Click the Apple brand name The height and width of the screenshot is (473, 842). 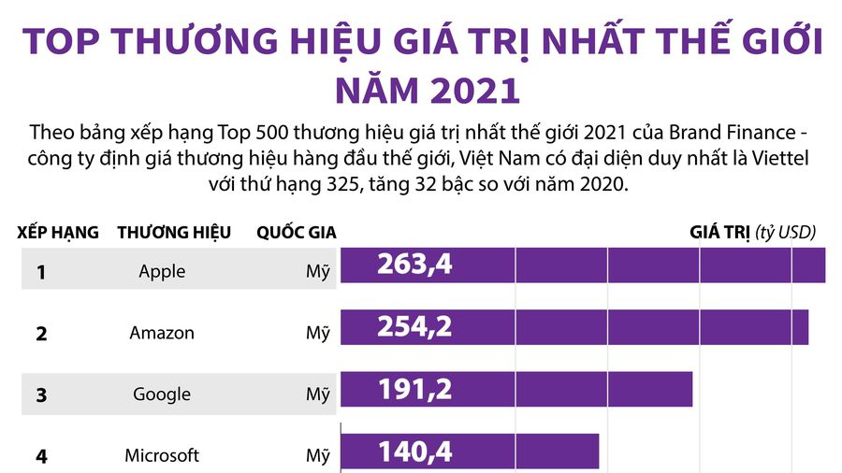[162, 272]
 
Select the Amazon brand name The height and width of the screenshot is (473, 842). [162, 333]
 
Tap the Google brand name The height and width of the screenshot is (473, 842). [162, 394]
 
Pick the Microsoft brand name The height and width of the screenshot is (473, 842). [162, 456]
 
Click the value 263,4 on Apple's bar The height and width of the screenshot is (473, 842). [414, 265]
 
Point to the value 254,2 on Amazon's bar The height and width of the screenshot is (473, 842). [414, 326]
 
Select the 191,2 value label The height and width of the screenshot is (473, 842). [414, 389]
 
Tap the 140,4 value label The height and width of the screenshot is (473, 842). [414, 452]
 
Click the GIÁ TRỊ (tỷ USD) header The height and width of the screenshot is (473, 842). [752, 232]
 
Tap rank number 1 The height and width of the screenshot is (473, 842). [41, 273]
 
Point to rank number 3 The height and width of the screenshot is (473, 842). [41, 395]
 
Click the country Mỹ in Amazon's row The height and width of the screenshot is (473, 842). [318, 334]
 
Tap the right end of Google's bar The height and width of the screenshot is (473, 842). [690, 389]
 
